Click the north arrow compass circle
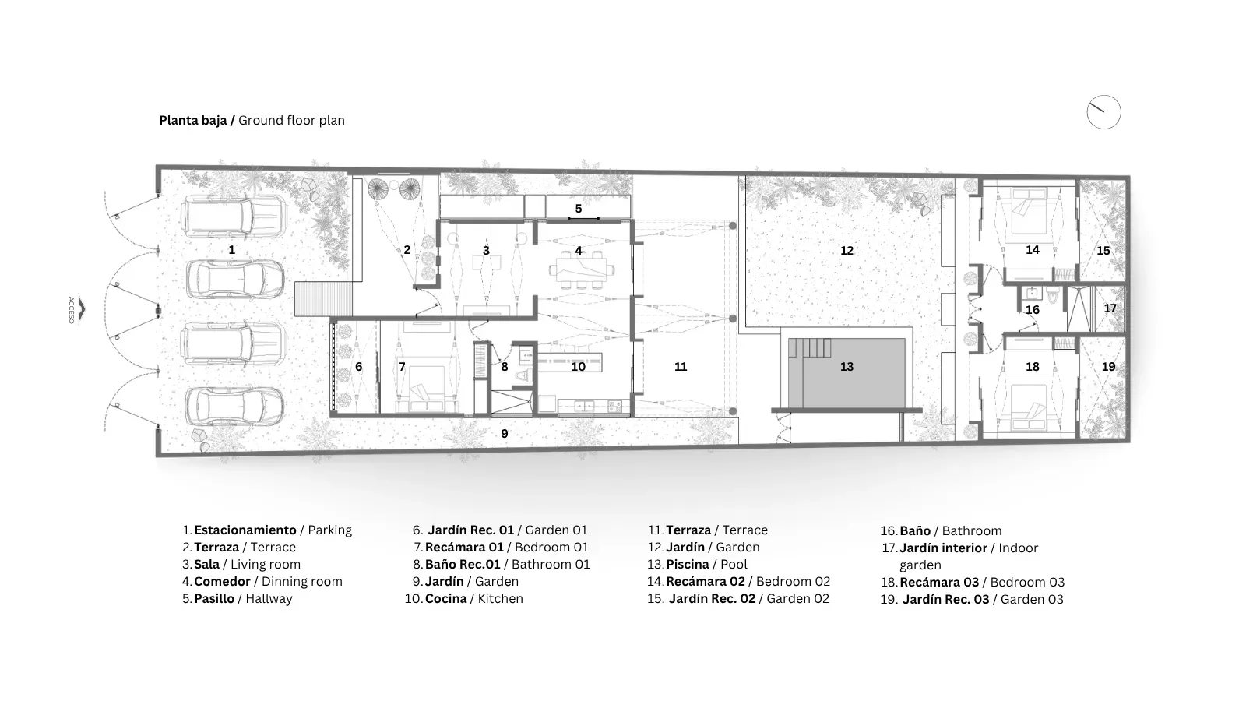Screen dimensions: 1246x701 coord(1103,96)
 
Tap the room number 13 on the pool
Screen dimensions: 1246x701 coord(847,367)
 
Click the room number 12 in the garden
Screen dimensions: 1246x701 coord(847,251)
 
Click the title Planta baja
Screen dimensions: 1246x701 coord(193,120)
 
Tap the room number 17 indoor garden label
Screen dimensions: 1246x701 coord(1110,308)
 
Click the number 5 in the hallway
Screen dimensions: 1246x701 coord(579,209)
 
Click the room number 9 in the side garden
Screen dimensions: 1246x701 coord(505,434)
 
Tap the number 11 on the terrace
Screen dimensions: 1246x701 coord(681,367)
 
